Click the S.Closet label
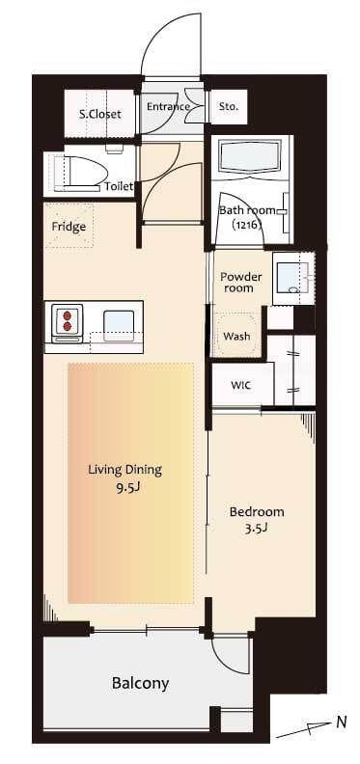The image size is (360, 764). point(99,115)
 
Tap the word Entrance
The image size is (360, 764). point(168,106)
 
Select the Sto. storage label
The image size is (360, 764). point(229,106)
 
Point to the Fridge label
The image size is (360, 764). point(69,227)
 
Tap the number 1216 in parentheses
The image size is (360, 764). point(247,225)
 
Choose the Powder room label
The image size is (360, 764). point(241,282)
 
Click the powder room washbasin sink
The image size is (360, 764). point(292,279)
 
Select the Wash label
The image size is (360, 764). point(236,337)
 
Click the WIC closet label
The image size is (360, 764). point(240,386)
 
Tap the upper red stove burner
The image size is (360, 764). point(68,314)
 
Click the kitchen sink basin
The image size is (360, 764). point(119,325)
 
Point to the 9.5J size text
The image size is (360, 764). point(126,487)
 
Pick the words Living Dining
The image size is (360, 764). point(125,470)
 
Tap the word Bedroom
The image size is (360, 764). point(257,512)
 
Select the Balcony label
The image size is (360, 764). point(141,683)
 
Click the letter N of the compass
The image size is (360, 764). point(342,723)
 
